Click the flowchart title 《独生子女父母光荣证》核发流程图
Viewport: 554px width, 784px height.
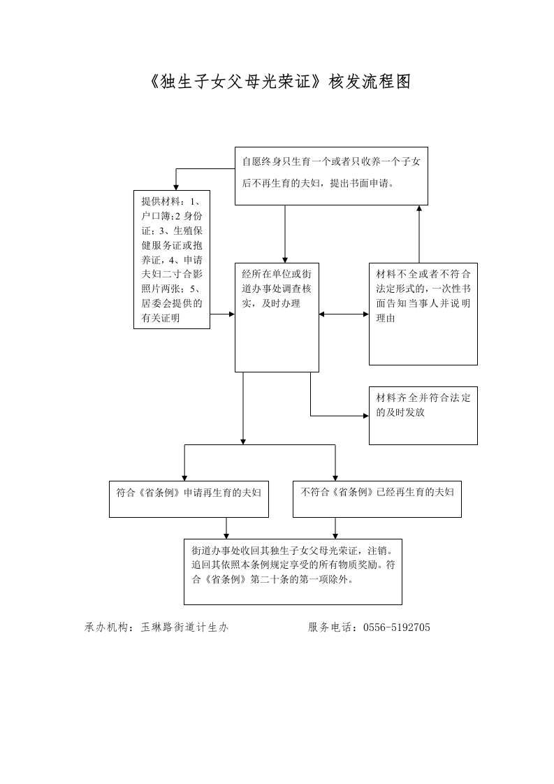[279, 82]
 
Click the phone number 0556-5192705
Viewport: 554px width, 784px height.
[397, 627]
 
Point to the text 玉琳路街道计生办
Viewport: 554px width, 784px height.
[184, 627]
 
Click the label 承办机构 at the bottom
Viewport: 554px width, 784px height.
[103, 627]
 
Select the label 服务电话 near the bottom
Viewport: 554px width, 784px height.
[326, 627]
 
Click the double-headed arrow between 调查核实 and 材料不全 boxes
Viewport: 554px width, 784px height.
[344, 314]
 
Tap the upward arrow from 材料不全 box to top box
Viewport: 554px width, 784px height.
[419, 234]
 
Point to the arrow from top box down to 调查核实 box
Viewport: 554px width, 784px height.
[285, 234]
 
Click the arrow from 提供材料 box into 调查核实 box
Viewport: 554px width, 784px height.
[222, 314]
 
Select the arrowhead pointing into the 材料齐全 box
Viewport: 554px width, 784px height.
[366, 416]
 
